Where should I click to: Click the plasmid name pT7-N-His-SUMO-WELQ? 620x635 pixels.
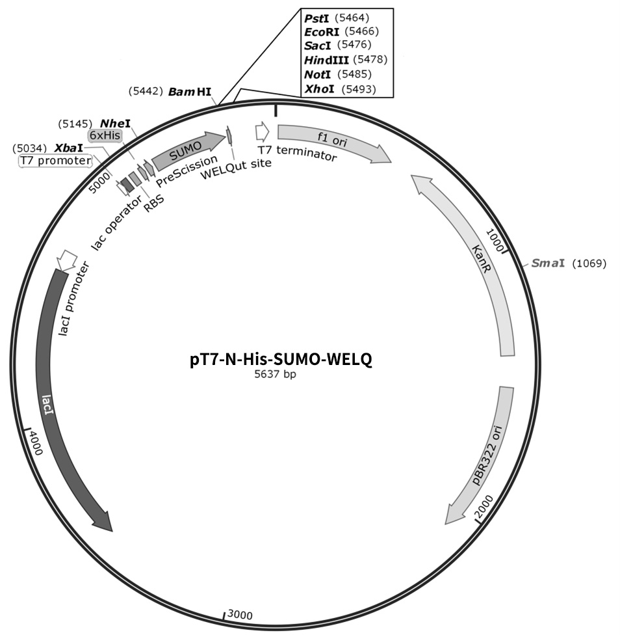[281, 359]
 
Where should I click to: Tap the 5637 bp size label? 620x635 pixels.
[275, 374]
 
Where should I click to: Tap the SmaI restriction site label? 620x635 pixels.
[569, 263]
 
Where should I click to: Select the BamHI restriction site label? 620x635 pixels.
[170, 92]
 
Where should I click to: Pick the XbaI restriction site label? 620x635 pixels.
[48, 148]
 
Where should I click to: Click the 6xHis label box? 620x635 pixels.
[105, 135]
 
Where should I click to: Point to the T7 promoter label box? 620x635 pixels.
[56, 161]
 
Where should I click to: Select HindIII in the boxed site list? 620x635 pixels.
[346, 60]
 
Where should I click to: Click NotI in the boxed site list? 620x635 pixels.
[338, 75]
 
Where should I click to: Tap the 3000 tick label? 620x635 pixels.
[240, 615]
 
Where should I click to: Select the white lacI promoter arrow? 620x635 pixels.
[67, 260]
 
